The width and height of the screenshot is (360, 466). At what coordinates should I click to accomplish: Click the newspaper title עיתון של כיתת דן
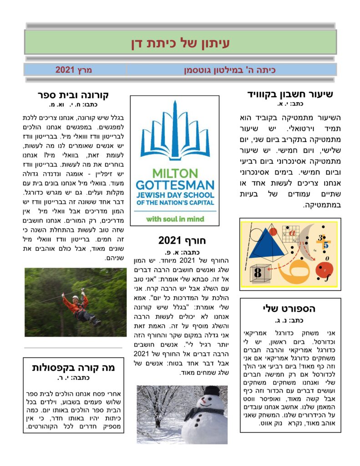180,43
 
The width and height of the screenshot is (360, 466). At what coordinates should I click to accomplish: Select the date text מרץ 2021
74,70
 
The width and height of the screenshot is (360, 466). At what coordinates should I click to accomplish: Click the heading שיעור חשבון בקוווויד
290,95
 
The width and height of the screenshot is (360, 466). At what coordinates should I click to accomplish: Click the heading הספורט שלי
289,309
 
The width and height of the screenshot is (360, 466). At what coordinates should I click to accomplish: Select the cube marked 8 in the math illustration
258,274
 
